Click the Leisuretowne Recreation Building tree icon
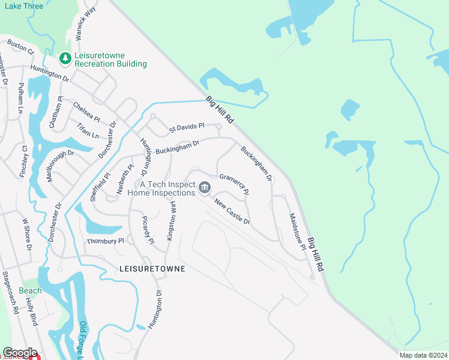coord(65,59)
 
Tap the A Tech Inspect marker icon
coord(204,188)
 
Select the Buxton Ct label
coord(21,46)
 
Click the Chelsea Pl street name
coord(86,111)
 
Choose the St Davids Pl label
coord(187,127)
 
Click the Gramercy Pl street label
coord(234,184)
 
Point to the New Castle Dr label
coord(231,211)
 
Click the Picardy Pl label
coord(148,230)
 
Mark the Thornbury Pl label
coord(105,241)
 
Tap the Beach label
coord(30,290)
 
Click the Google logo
coord(20,353)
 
